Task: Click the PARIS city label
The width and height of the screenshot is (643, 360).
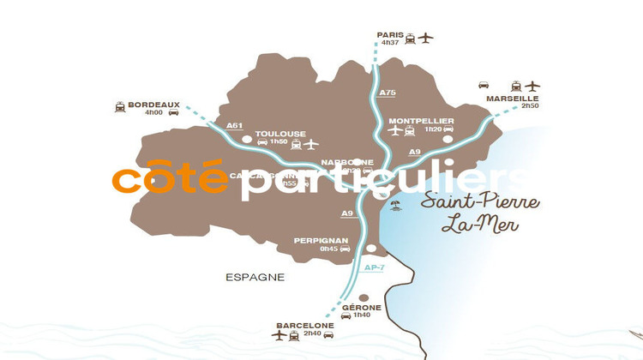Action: tap(389, 35)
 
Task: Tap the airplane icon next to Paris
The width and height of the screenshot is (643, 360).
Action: tap(426, 37)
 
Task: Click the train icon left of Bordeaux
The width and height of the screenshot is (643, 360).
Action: tap(119, 107)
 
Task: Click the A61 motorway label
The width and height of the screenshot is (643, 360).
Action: tap(234, 126)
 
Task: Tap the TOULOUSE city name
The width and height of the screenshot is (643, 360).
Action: tap(280, 134)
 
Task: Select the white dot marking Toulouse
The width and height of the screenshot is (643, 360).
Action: tap(246, 138)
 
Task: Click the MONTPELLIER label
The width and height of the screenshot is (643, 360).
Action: tap(420, 120)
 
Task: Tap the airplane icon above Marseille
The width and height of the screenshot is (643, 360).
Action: tap(533, 86)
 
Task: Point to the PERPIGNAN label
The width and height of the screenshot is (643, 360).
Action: tap(321, 241)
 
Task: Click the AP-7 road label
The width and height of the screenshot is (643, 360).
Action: tap(374, 267)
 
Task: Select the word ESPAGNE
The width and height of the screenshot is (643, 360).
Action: tap(255, 278)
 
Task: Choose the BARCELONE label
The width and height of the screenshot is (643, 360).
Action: tap(304, 326)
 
